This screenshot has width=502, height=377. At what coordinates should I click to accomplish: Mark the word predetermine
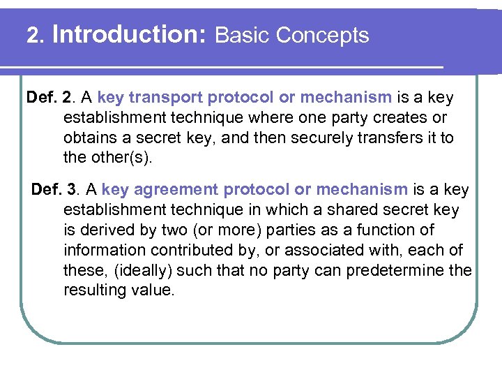[393, 270]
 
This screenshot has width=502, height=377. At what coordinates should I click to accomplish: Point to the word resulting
[92, 290]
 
